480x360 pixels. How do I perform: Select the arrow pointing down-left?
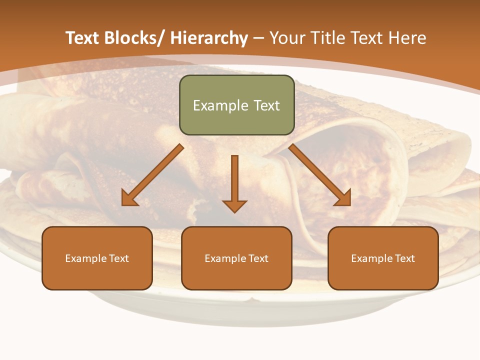tap(152, 175)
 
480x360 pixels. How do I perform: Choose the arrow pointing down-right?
tap(320, 175)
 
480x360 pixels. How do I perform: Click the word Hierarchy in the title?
tap(209, 38)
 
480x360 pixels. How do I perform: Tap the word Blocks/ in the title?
tap(134, 38)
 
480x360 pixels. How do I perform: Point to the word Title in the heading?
tap(326, 38)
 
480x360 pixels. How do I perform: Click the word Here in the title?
tap(408, 38)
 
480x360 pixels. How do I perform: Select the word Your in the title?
tap(286, 38)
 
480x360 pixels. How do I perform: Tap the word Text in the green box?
tap(266, 105)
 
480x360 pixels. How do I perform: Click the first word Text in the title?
tap(82, 38)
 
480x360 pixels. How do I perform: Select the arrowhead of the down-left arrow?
tap(129, 199)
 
